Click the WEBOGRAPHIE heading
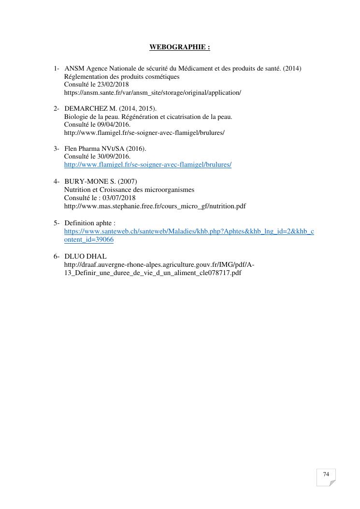pos(180,47)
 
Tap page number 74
pos(326,474)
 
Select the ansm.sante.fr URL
pos(152,92)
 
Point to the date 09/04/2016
pos(114,125)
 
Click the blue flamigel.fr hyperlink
pos(147,165)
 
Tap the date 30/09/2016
pos(114,157)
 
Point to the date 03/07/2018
pos(119,198)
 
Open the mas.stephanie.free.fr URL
pos(155,206)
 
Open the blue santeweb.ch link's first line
pos(189,232)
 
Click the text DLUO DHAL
pos(86,256)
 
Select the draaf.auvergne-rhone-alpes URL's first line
pos(159,264)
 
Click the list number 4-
pos(57,181)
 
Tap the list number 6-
pos(57,256)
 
